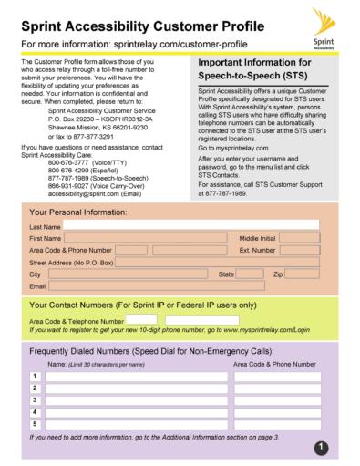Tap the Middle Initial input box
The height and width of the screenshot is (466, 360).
pyautogui.click(x=300, y=237)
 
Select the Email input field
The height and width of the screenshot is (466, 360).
pyautogui.click(x=182, y=286)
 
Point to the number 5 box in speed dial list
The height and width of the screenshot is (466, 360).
pyautogui.click(x=36, y=422)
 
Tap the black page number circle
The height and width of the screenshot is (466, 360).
pyautogui.click(x=322, y=444)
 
